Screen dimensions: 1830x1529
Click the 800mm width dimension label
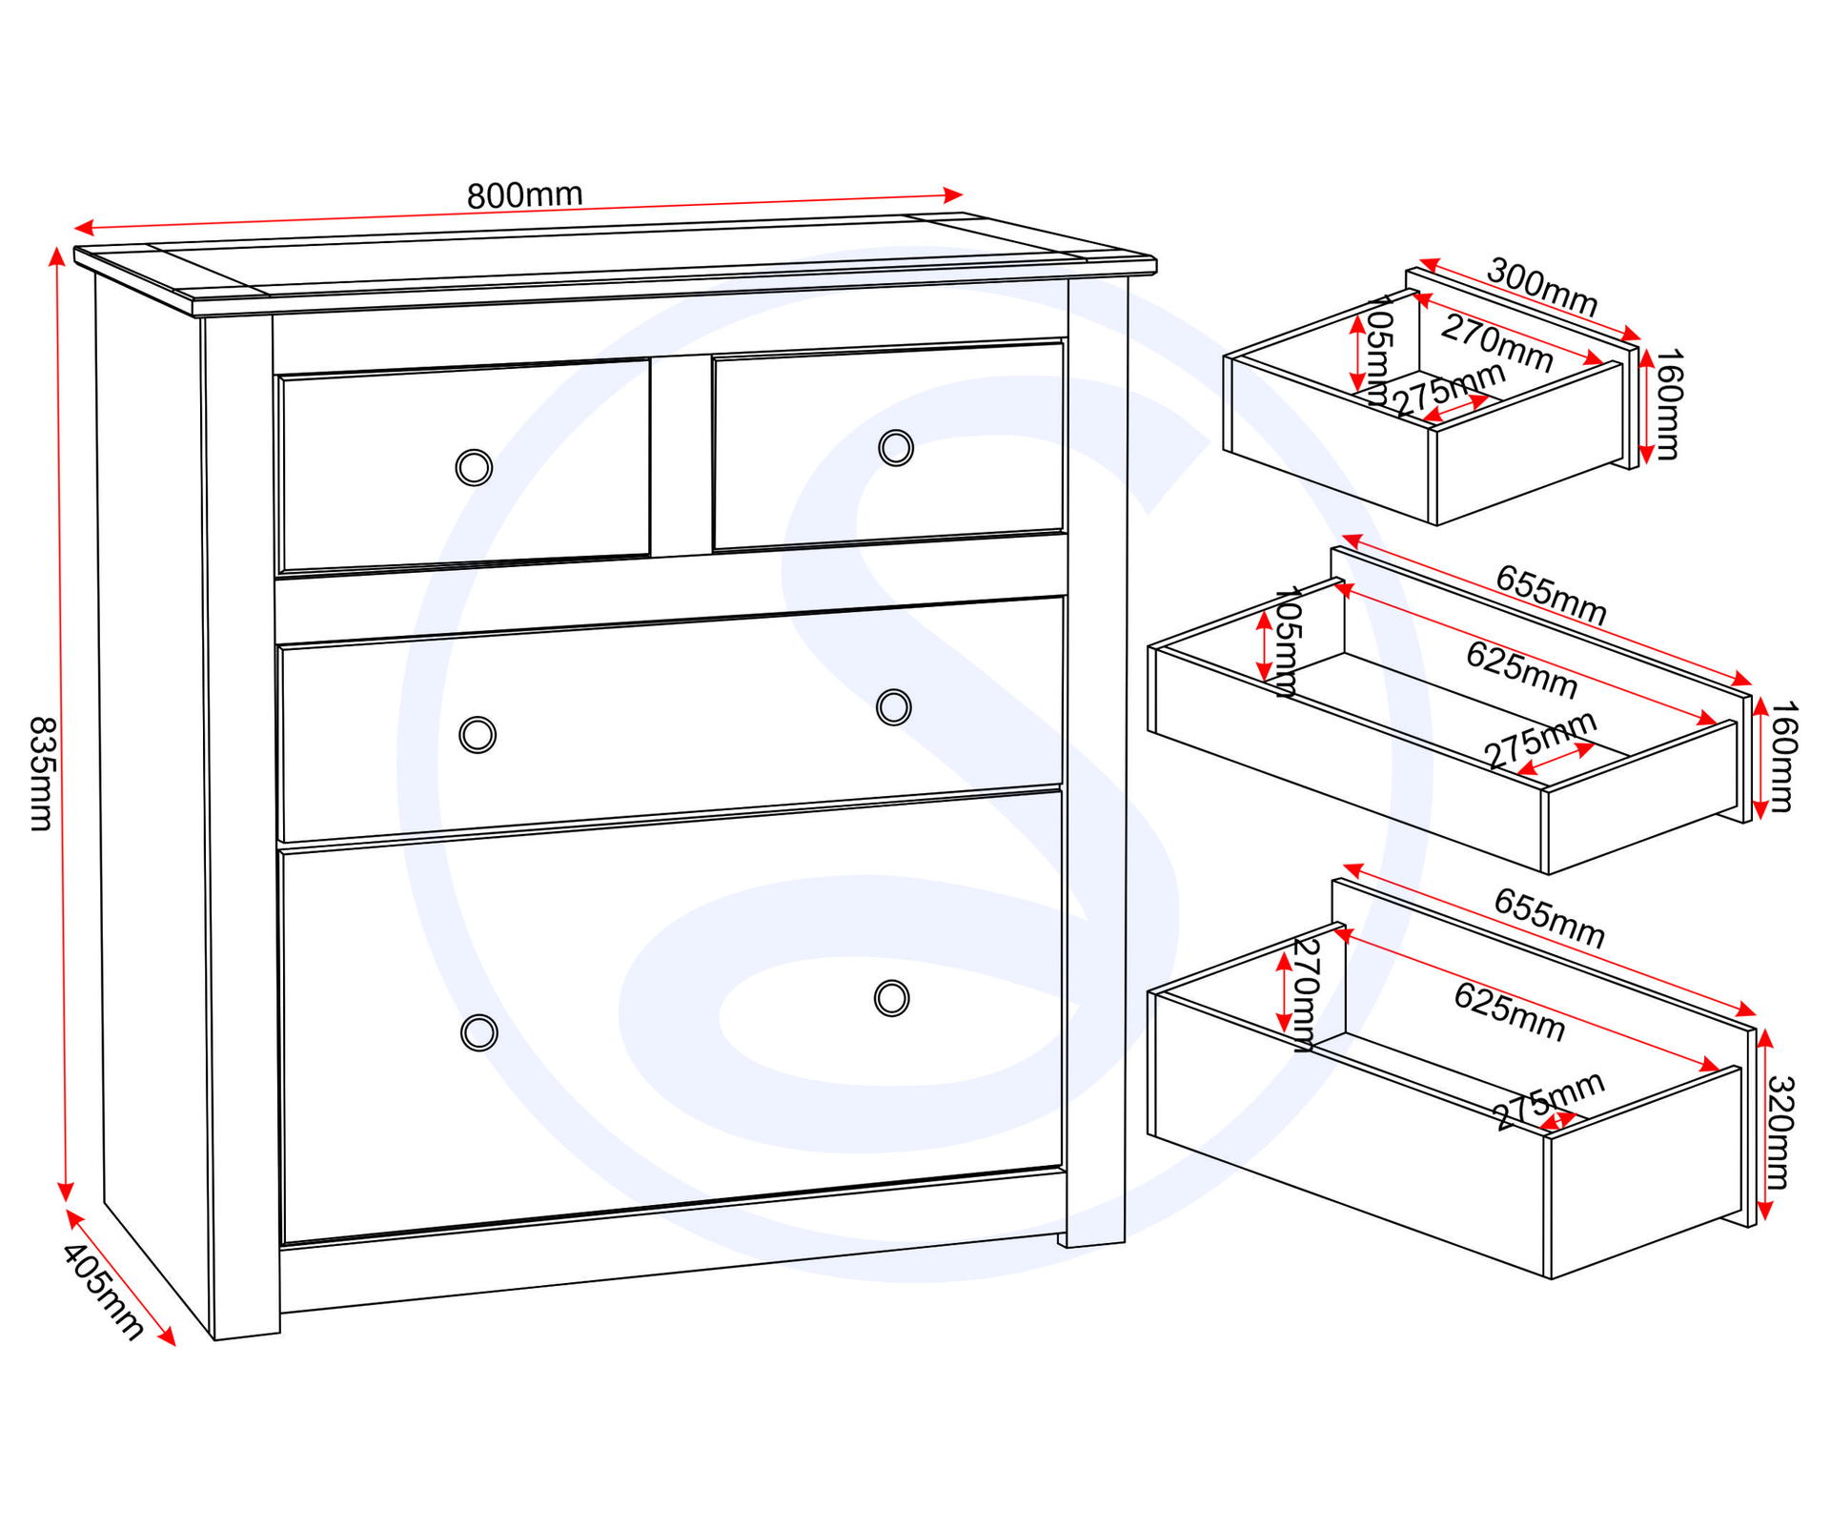524,195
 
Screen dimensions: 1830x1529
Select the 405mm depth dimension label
103,1293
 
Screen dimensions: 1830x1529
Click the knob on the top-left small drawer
474,468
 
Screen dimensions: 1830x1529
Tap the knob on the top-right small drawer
895,447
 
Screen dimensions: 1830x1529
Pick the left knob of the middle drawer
478,735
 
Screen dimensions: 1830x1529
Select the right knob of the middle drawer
893,707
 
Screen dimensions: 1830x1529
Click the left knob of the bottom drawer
478,1032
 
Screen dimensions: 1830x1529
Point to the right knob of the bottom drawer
891,998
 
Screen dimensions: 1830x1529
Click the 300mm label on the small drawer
1542,288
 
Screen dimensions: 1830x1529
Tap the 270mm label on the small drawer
1497,343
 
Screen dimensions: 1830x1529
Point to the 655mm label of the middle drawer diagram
1551,595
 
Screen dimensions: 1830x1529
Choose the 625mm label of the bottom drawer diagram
1510,1012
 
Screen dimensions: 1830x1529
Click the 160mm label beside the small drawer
1668,404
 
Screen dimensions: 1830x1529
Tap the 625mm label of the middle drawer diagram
1522,669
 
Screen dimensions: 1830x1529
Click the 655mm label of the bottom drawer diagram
1550,919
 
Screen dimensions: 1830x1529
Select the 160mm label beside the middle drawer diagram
1781,756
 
